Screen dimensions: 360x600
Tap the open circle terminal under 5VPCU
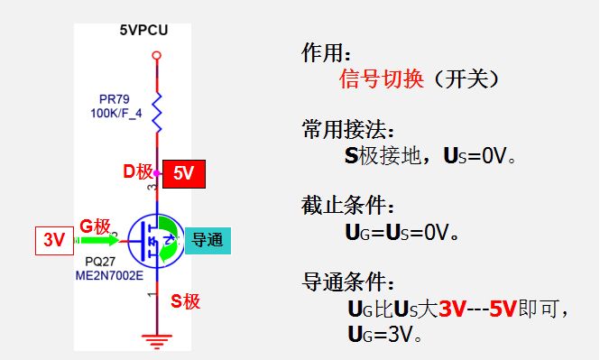point(157,56)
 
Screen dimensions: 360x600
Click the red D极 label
point(138,171)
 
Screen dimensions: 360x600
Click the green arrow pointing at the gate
point(99,241)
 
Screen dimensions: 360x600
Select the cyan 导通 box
point(209,241)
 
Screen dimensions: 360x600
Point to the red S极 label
point(185,301)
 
